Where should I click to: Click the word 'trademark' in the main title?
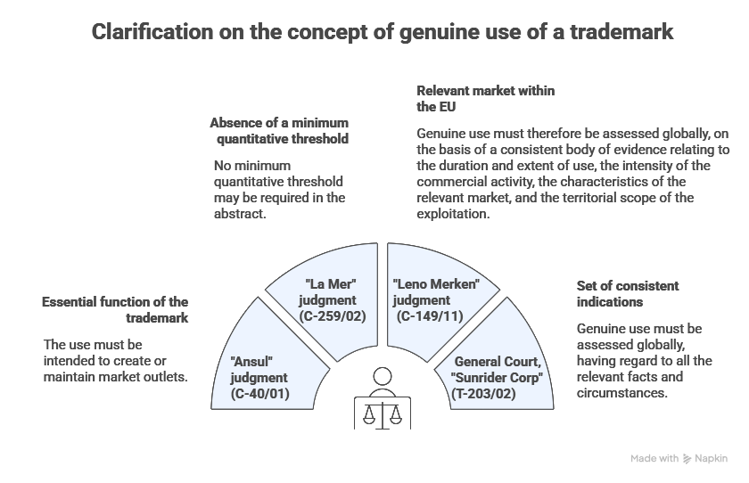[x=613, y=33]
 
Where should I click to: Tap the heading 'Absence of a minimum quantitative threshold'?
[x=278, y=130]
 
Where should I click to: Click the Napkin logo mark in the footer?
[x=687, y=457]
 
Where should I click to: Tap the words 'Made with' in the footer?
[x=654, y=457]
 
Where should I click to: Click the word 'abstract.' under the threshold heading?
[x=240, y=214]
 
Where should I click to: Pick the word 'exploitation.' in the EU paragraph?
[x=453, y=214]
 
